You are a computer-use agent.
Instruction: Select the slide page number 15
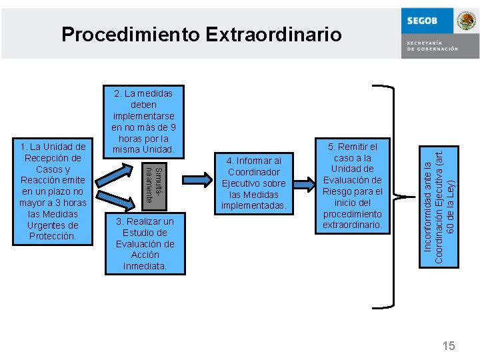[x=449, y=346]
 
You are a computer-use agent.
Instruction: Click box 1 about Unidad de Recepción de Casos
[x=53, y=191]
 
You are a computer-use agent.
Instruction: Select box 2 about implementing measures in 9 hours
[x=144, y=120]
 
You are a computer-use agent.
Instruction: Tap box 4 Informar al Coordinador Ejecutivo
[x=253, y=183]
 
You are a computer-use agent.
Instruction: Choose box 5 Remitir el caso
[x=353, y=186]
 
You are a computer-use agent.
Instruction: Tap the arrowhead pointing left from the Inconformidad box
[x=403, y=197]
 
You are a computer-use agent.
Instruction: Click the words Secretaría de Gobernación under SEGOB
[x=433, y=46]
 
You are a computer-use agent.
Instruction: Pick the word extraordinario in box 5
[x=353, y=225]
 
